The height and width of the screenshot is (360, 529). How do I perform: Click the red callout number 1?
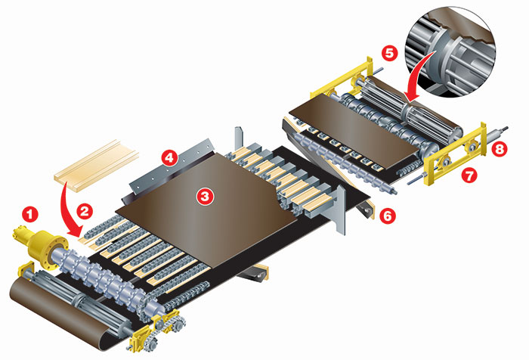[30, 214]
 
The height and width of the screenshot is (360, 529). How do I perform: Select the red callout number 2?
[85, 212]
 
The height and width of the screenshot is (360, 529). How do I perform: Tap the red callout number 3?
[206, 196]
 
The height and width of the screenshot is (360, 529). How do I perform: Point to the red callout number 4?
[170, 158]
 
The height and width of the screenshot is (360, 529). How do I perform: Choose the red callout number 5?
[390, 54]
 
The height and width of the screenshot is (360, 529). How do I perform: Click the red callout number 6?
[388, 216]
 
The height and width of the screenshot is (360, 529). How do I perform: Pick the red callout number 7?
[469, 175]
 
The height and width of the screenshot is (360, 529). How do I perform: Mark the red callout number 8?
[500, 149]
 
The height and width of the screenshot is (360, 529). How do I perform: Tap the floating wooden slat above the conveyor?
[97, 165]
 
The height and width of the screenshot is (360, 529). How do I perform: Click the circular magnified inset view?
[452, 51]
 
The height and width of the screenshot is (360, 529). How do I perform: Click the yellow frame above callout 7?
[455, 154]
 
